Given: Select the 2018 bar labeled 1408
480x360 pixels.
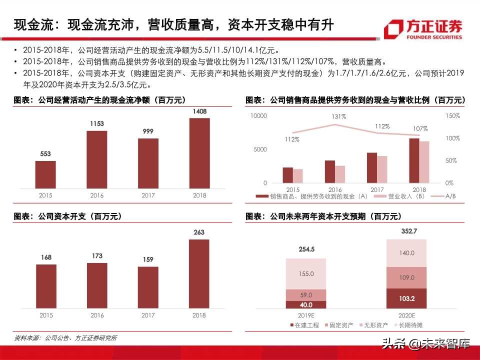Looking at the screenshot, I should coord(199,153).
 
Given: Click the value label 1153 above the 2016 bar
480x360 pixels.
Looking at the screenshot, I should coord(97,123).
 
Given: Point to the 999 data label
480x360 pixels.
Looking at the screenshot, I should coord(148,130).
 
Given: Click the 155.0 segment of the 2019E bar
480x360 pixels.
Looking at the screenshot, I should coord(305,274).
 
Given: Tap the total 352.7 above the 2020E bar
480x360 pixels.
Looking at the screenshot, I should coord(406,231).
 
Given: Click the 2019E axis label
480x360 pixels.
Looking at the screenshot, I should coord(305,315).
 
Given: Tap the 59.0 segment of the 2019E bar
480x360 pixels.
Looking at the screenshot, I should coord(305,295).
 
